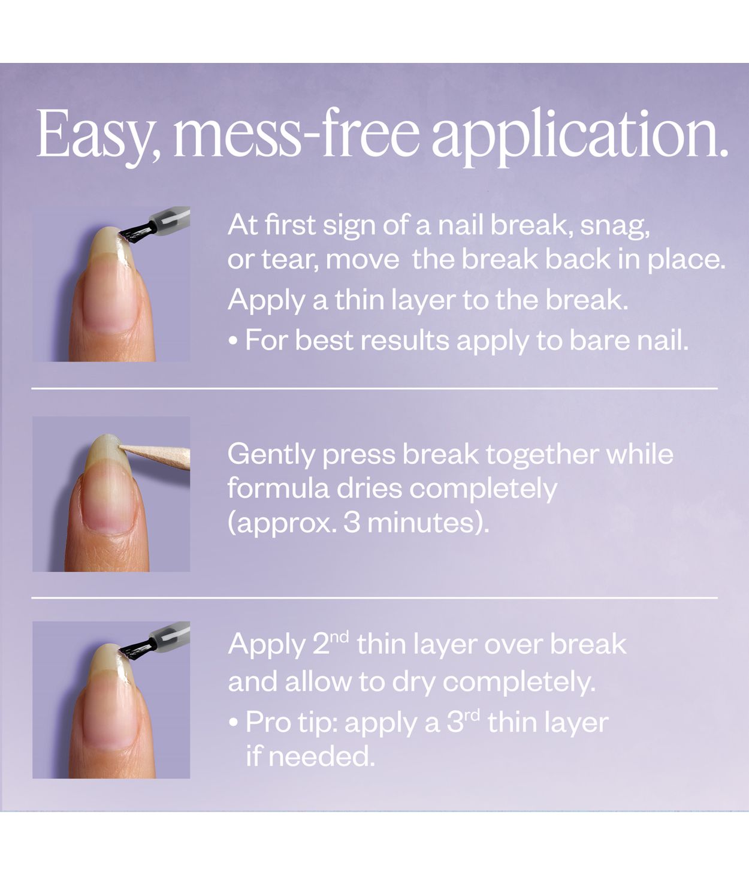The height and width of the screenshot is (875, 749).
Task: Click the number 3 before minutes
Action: click(x=352, y=523)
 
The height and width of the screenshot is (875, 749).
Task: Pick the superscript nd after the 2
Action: click(x=339, y=636)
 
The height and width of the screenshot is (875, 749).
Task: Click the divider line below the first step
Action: click(x=374, y=388)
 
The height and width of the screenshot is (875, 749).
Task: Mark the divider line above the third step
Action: click(x=374, y=598)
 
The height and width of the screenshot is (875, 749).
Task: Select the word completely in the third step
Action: click(x=519, y=682)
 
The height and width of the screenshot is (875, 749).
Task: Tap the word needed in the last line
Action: click(x=321, y=756)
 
